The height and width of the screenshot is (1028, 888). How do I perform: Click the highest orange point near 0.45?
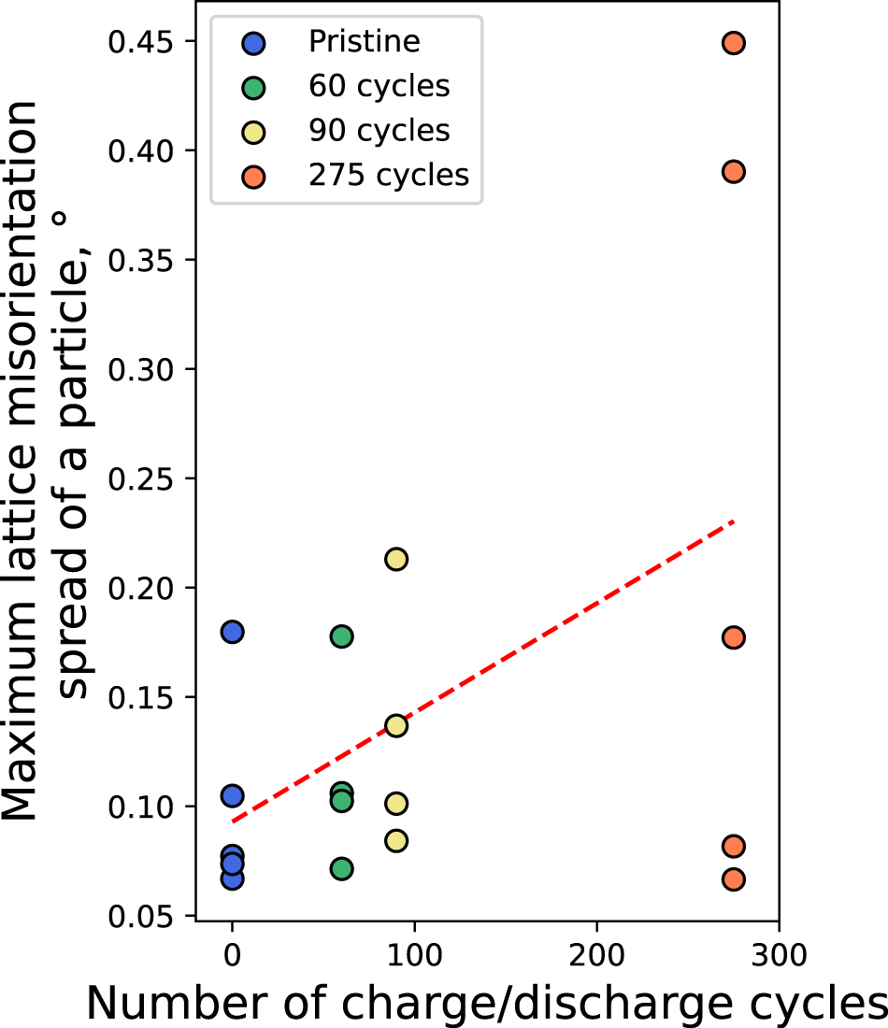(x=734, y=43)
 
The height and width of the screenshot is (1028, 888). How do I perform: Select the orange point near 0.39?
(x=734, y=171)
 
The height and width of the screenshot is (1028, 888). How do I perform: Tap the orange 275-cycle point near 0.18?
(x=734, y=637)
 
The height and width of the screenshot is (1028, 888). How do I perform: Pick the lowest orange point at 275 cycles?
(x=734, y=879)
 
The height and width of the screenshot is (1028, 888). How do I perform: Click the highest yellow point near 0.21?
(x=396, y=559)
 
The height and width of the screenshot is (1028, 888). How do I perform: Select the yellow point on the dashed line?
(x=396, y=725)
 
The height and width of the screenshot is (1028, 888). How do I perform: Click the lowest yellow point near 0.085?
(x=396, y=840)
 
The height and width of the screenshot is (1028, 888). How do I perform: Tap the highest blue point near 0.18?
(x=233, y=632)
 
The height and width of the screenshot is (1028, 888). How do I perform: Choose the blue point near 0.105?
(x=233, y=795)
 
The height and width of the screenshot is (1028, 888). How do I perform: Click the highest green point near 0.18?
(x=342, y=636)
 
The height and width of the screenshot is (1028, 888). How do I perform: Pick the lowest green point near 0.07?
(x=342, y=868)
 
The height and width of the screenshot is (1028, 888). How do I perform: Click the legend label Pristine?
(x=365, y=42)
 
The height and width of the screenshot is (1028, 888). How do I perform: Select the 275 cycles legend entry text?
(x=388, y=174)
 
